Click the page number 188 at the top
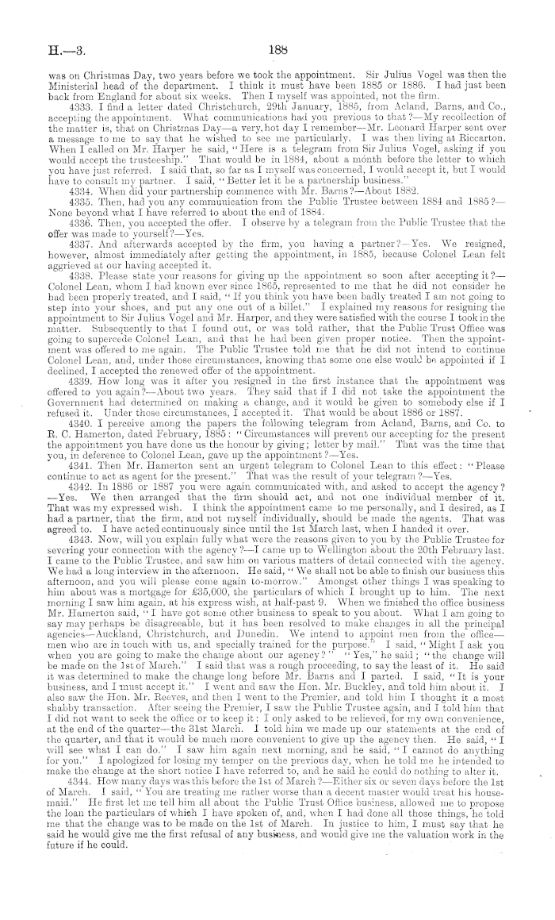(277, 48)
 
